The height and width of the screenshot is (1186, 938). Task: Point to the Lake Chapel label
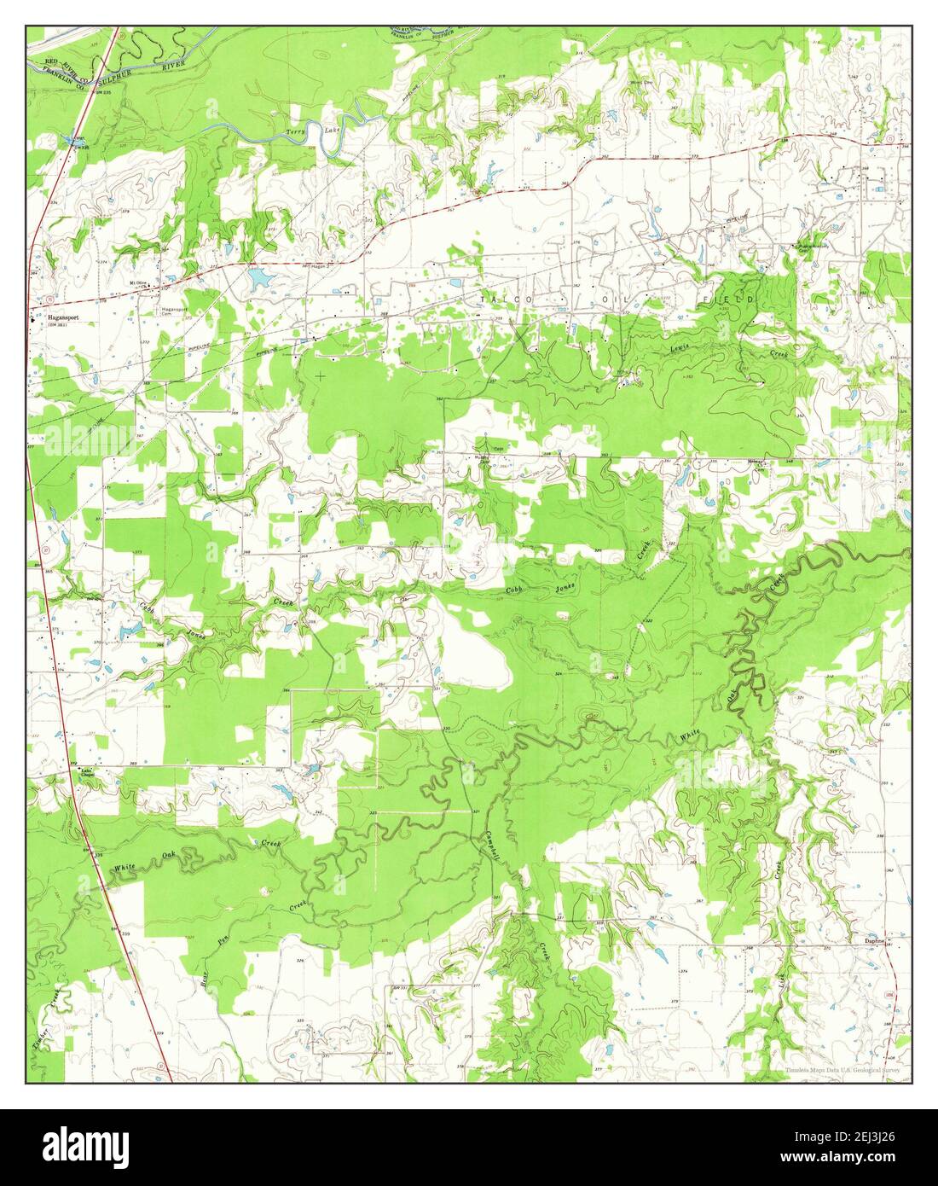coord(85,774)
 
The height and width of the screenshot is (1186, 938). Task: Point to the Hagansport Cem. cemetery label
coord(174,311)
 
